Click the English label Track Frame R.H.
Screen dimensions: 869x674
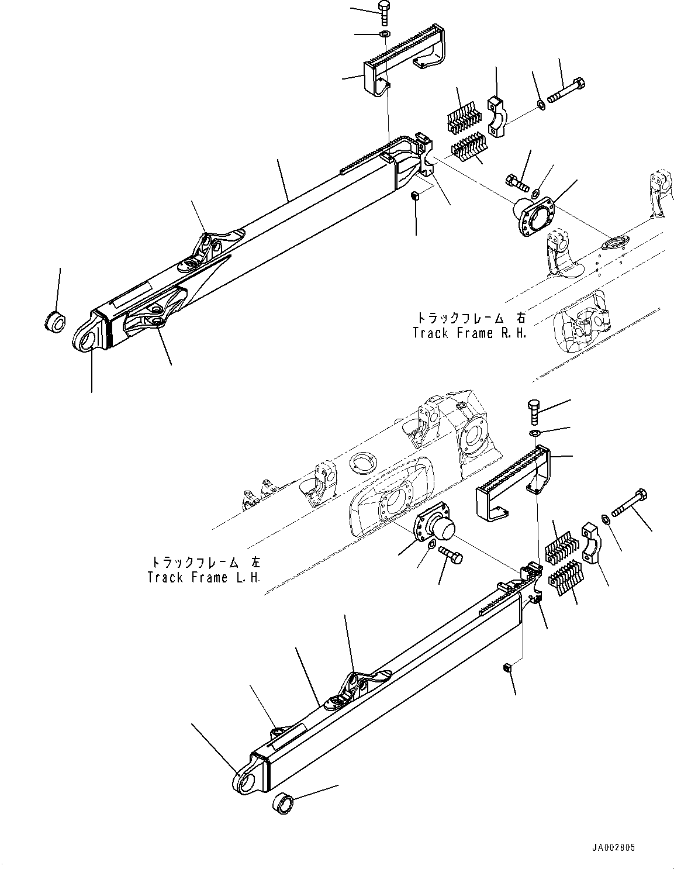(469, 333)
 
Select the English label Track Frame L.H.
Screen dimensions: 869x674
(204, 577)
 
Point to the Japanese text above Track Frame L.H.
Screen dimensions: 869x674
(206, 563)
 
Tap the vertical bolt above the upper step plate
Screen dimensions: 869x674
(384, 12)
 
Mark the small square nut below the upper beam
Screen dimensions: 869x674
(414, 196)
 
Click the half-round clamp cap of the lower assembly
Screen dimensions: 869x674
(592, 544)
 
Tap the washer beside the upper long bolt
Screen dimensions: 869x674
(541, 105)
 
